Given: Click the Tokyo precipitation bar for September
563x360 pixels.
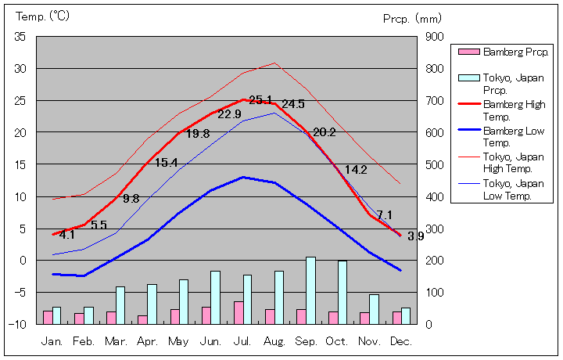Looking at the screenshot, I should [310, 290].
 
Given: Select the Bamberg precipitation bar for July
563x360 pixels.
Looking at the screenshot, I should [238, 312].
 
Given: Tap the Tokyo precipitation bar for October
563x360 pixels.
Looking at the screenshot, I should [342, 292].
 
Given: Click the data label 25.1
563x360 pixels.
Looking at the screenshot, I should [260, 100].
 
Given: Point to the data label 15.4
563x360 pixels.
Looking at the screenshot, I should [166, 163].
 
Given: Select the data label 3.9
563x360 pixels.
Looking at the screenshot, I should [416, 236].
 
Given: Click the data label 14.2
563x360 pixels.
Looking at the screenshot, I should [356, 170].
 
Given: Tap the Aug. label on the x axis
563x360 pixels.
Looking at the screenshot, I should [274, 342].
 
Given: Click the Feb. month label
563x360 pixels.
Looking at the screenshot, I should [84, 342].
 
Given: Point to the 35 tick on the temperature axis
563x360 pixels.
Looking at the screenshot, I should [20, 37].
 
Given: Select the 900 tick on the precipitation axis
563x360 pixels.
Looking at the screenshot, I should [435, 37].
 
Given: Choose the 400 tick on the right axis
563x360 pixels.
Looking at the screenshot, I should [435, 196].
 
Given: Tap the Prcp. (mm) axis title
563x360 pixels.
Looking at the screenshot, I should [412, 17].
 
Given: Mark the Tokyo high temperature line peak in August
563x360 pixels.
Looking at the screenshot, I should [274, 63].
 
